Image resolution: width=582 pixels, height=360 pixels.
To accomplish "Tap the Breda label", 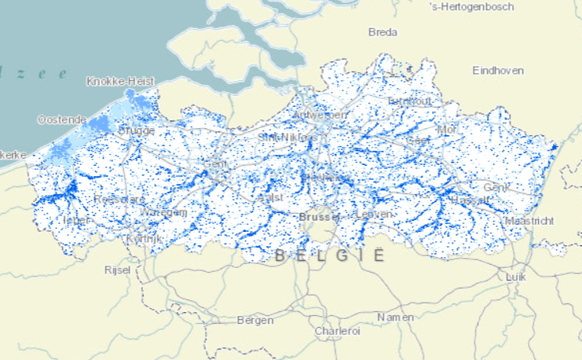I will (x=383, y=32).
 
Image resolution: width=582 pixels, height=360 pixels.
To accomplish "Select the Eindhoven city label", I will (x=498, y=71).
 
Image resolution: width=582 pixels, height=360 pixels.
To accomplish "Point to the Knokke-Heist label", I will (x=120, y=81).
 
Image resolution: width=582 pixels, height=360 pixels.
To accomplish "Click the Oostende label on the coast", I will (x=62, y=119).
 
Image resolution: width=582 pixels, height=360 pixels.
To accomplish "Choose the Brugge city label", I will (x=137, y=130).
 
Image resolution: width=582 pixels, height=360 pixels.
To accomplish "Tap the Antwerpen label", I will (x=319, y=115).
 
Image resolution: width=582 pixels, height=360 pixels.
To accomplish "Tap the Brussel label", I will (x=320, y=215).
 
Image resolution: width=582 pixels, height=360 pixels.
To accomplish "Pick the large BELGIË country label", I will (x=330, y=256).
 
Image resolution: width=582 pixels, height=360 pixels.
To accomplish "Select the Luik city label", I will (x=515, y=277).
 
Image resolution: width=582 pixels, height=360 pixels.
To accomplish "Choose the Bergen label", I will (x=255, y=320).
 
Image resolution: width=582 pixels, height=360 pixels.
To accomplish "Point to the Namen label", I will (x=395, y=317).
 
